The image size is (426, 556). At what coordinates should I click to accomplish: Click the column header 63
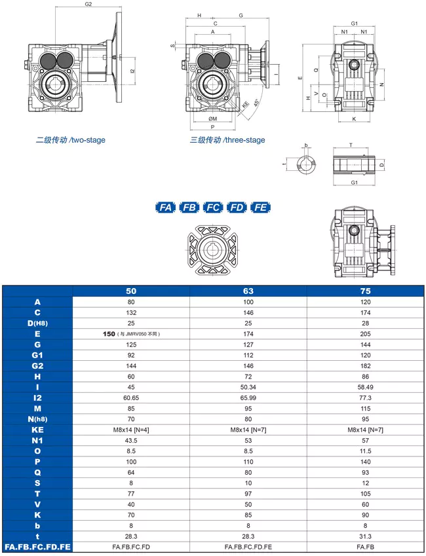coord(248,291)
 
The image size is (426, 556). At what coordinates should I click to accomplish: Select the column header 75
coord(365,291)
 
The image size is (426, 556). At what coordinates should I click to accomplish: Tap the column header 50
coord(130,291)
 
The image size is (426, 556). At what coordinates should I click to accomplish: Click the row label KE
coord(37,429)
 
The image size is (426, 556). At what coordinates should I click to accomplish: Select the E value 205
coord(365,333)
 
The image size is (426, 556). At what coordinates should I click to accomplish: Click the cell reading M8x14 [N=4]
coord(130,429)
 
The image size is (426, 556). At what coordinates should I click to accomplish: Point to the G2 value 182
coord(365,365)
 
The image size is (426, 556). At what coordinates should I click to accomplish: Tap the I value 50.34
coord(248,386)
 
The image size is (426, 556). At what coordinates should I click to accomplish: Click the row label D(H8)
coord(37,323)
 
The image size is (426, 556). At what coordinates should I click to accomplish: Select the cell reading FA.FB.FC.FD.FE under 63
coord(248,546)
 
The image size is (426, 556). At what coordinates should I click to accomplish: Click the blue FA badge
coord(165,208)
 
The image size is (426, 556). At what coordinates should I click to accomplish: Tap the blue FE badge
coord(260,208)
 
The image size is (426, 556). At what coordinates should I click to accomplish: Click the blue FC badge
coord(212,208)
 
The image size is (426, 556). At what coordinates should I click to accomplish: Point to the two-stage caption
coord(70,140)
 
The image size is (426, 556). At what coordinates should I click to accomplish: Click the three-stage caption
coord(227,140)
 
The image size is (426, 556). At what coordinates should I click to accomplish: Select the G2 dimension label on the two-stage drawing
coord(88,5)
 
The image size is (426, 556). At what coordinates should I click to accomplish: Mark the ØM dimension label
coord(213,119)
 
